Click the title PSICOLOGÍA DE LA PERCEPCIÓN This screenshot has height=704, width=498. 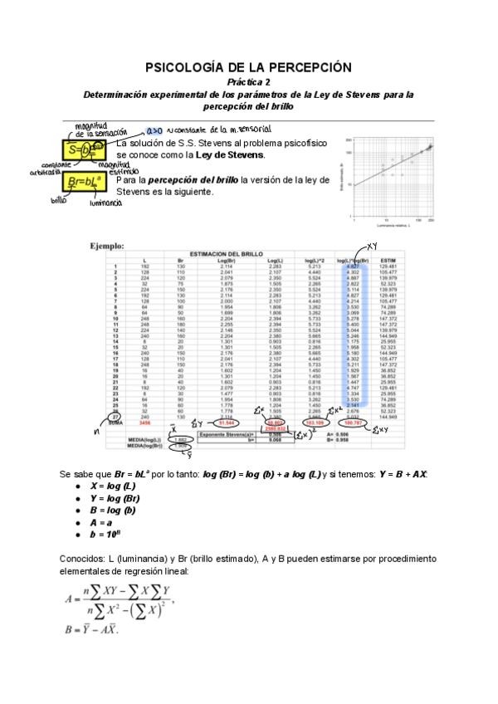pos(248,67)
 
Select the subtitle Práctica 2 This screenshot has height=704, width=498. pos(248,82)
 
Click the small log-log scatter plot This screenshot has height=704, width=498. pos(392,176)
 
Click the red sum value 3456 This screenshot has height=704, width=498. pos(145,423)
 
